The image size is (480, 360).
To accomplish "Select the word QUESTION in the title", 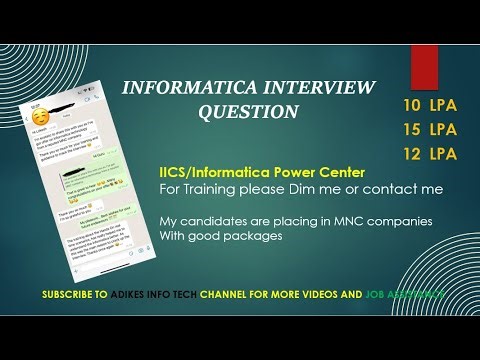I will (x=249, y=112).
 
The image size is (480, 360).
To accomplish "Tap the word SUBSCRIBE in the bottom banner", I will (x=73, y=295).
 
